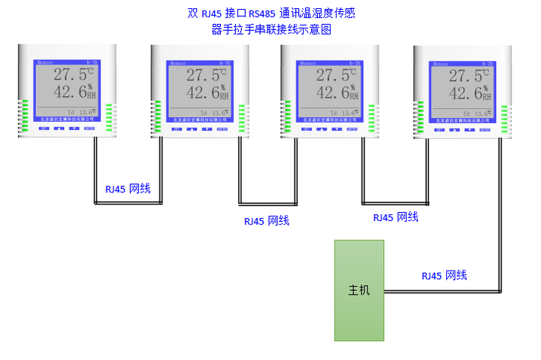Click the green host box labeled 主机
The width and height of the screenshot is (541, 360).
(359, 290)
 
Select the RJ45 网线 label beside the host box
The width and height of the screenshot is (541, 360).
(444, 276)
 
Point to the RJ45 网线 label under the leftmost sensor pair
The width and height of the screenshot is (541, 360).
(128, 189)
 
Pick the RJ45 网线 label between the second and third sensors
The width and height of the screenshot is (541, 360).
(266, 221)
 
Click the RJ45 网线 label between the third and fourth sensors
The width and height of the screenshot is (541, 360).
(395, 217)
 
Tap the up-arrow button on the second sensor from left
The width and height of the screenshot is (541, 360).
(192, 129)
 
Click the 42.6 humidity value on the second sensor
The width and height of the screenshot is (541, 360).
(201, 93)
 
